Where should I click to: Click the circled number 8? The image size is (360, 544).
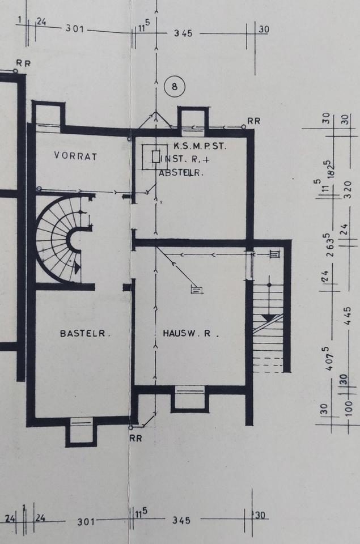175,86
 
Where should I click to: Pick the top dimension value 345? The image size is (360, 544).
183,33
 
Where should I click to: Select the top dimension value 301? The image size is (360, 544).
74,28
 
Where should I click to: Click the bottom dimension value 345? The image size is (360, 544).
181,520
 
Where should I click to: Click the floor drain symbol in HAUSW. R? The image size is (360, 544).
197,290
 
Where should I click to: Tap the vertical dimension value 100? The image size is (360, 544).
349,409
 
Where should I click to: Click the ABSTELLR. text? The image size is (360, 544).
180,172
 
